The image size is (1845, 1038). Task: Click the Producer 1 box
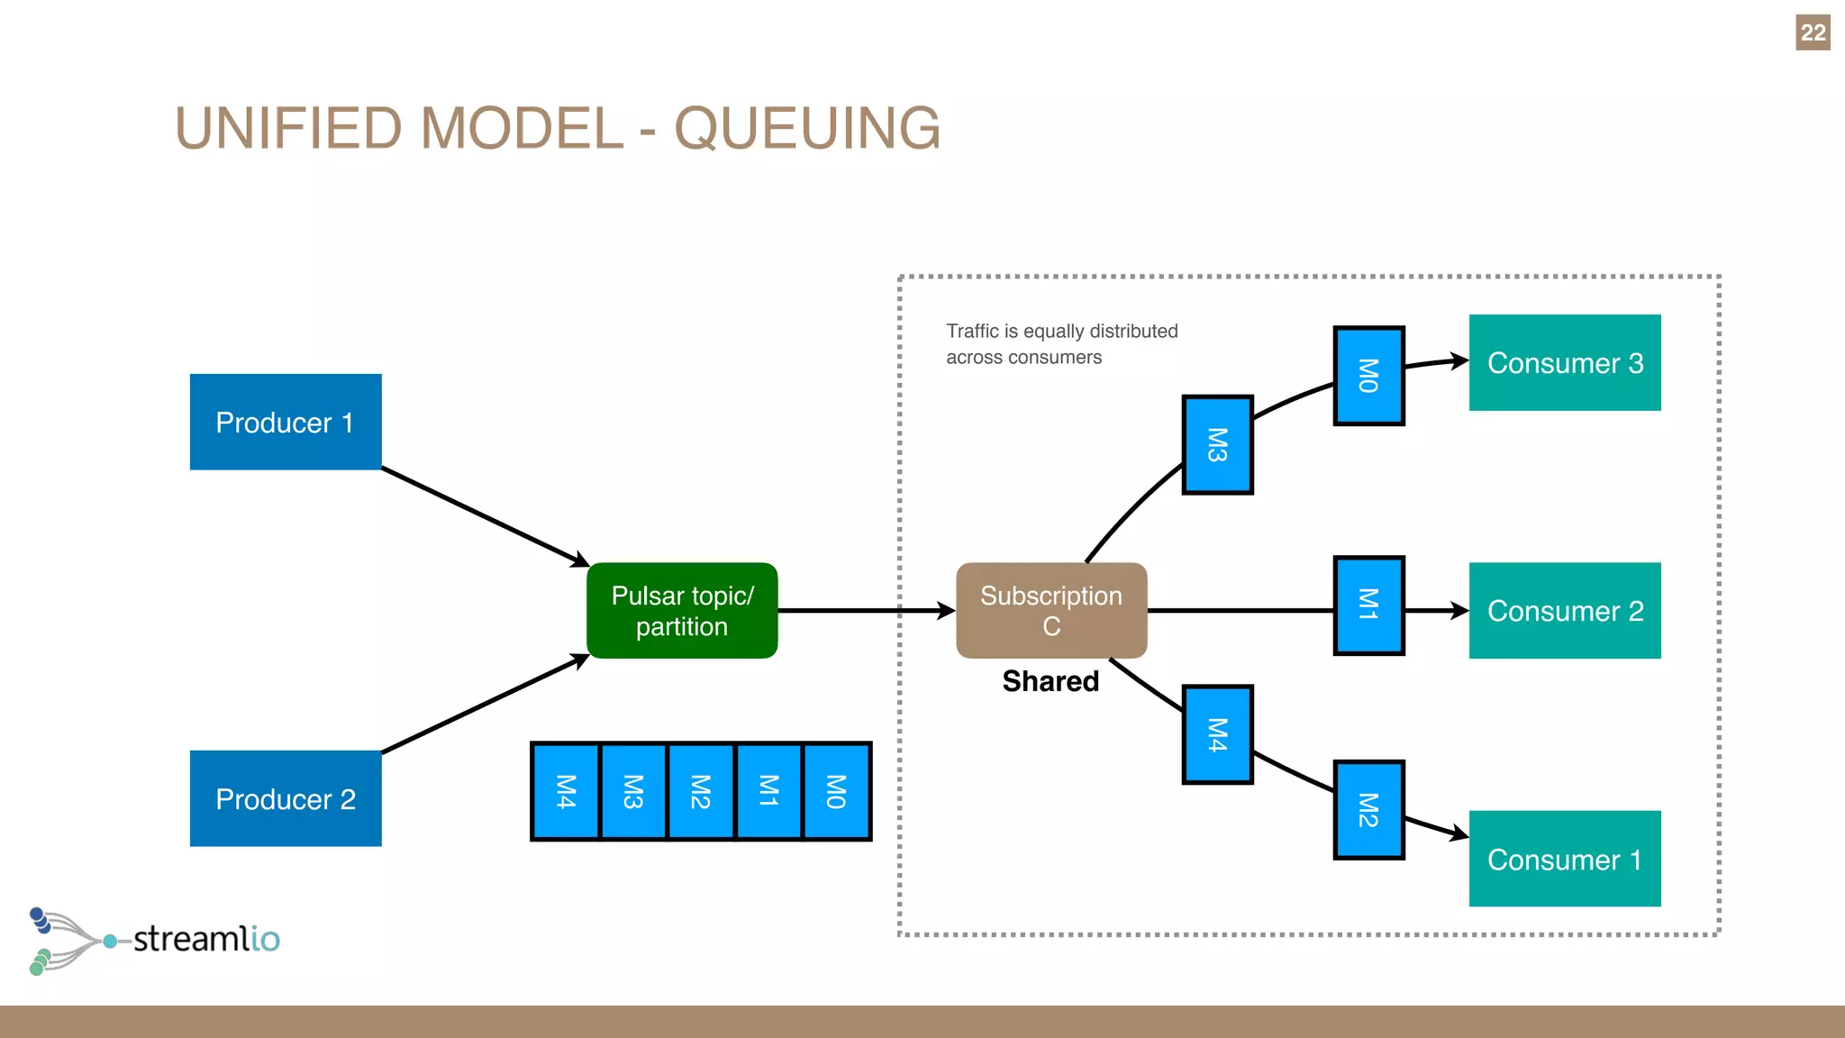point(286,422)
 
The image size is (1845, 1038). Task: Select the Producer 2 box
point(286,798)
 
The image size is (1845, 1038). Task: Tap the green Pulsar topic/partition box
point(682,611)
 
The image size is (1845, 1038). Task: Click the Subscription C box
point(1051,611)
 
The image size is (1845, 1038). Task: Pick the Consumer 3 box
point(1565,362)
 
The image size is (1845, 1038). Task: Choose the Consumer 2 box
point(1565,611)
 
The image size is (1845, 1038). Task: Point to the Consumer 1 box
point(1565,859)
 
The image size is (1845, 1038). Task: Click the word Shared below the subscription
point(1050,681)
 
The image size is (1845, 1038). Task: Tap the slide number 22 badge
point(1813,32)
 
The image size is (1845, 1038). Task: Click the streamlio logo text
point(206,939)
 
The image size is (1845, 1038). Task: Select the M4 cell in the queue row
point(566,791)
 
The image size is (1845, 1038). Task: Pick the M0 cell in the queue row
point(836,791)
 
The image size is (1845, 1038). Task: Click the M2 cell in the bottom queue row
point(701,791)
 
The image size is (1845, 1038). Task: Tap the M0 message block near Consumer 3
point(1368,376)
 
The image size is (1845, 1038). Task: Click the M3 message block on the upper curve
point(1217,445)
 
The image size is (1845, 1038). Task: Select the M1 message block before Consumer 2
point(1368,605)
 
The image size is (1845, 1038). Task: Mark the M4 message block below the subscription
point(1217,734)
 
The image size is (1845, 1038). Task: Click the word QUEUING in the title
point(807,128)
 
